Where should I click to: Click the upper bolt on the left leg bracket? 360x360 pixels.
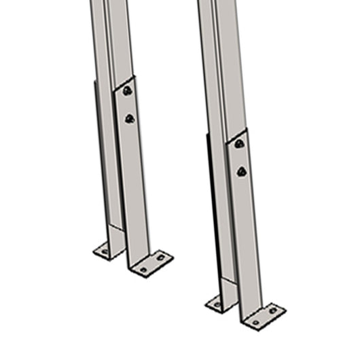coord(127,90)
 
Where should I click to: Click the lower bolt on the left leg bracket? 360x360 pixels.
coord(129,119)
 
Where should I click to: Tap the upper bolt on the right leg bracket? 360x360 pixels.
coord(239,143)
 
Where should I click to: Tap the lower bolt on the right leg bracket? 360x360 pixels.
coord(241,172)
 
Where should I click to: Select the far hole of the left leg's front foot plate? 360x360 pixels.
coord(161,257)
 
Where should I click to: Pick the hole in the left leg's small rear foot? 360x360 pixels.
coord(105,251)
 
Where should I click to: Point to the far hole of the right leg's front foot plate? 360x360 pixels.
coord(272,310)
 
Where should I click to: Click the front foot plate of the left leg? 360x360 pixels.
coord(151,264)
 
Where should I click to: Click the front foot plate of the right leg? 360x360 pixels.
coord(264,316)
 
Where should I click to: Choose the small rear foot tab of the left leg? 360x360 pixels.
coord(107,250)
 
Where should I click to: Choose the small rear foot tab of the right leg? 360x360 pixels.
coord(219,303)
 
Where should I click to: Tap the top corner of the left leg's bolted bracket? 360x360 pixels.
coord(132,76)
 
